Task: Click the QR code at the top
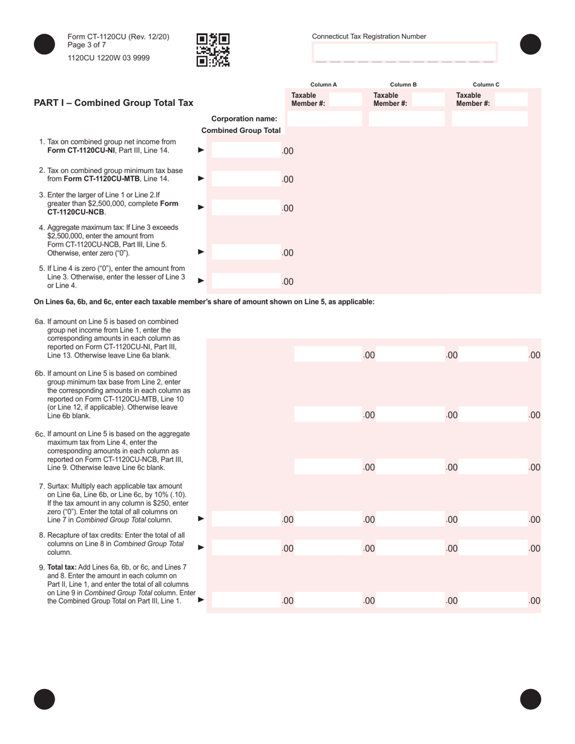(213, 50)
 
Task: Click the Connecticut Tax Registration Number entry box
(404, 53)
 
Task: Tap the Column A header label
(323, 85)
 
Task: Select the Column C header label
(486, 85)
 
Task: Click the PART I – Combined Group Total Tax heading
(114, 103)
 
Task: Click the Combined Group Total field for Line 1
(246, 150)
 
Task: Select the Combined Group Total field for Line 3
(246, 207)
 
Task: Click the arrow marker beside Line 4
(202, 252)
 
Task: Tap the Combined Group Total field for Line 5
(246, 281)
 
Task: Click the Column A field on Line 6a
(327, 354)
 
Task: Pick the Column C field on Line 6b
(493, 414)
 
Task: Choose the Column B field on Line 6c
(410, 466)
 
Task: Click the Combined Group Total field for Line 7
(246, 519)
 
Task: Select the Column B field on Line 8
(410, 548)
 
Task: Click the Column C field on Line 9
(493, 600)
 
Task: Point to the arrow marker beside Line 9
(202, 600)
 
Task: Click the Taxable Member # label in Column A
(308, 99)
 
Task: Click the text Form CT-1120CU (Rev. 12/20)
(119, 37)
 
